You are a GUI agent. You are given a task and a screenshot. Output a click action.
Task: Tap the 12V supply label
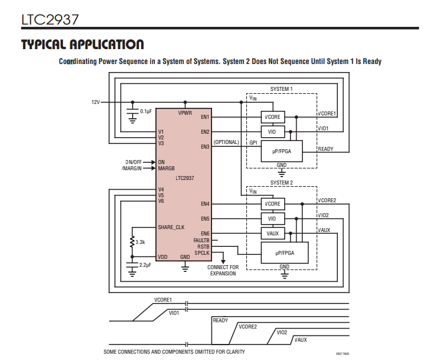point(95,102)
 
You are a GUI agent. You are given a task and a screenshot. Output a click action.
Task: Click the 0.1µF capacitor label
point(146,111)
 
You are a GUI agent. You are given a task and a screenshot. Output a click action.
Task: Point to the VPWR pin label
point(185,113)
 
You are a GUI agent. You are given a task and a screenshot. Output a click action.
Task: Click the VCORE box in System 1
point(273,117)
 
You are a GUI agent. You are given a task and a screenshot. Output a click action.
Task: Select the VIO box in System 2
point(272,219)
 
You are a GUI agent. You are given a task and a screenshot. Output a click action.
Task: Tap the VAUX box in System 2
point(272,233)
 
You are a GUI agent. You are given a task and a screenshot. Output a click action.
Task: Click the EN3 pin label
point(205,147)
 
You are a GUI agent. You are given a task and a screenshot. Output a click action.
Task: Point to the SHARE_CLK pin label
point(171,227)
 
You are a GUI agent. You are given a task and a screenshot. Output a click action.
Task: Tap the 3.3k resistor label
point(141,242)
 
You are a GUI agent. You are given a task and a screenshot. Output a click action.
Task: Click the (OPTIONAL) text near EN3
point(226,142)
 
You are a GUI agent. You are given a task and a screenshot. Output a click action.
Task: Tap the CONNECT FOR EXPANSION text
point(223,270)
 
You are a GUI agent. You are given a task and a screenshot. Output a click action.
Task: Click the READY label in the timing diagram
point(221,321)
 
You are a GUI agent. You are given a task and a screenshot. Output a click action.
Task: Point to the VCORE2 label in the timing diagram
point(248,326)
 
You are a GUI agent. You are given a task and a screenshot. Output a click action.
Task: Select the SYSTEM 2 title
point(281,183)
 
